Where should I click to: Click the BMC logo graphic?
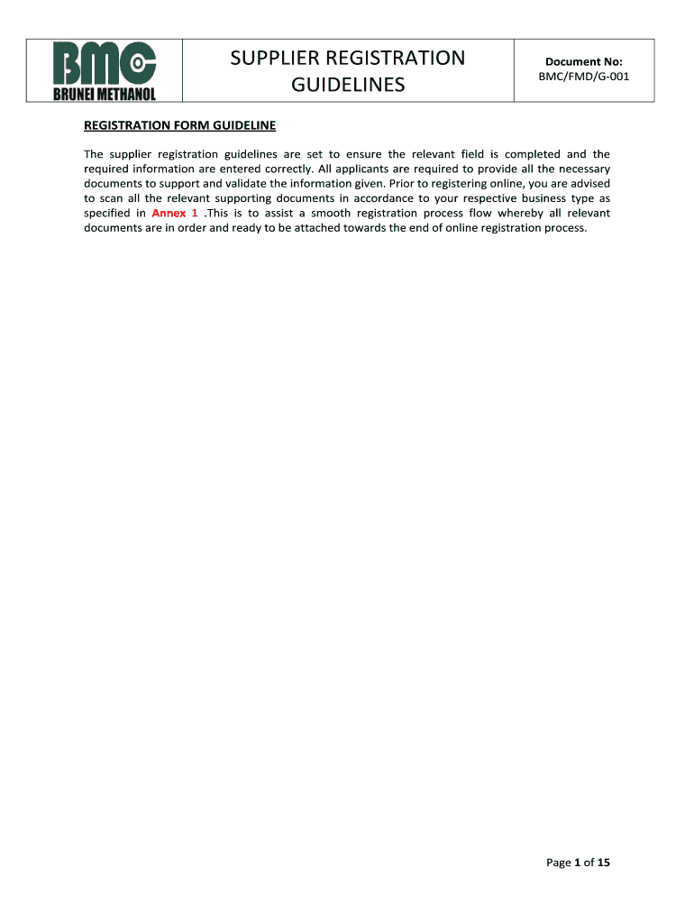104,62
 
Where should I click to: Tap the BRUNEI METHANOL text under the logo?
104,92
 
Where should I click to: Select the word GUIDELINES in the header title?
348,86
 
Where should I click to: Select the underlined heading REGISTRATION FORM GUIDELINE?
179,125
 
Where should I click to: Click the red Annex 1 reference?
175,214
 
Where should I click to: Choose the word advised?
587,184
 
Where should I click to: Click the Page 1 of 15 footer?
578,863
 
